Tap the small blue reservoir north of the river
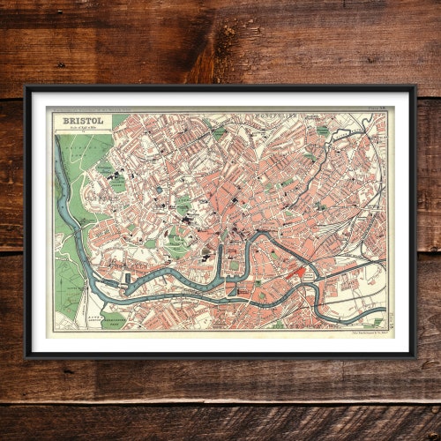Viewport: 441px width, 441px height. point(159,190)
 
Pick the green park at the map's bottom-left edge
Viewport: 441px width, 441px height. point(115,320)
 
